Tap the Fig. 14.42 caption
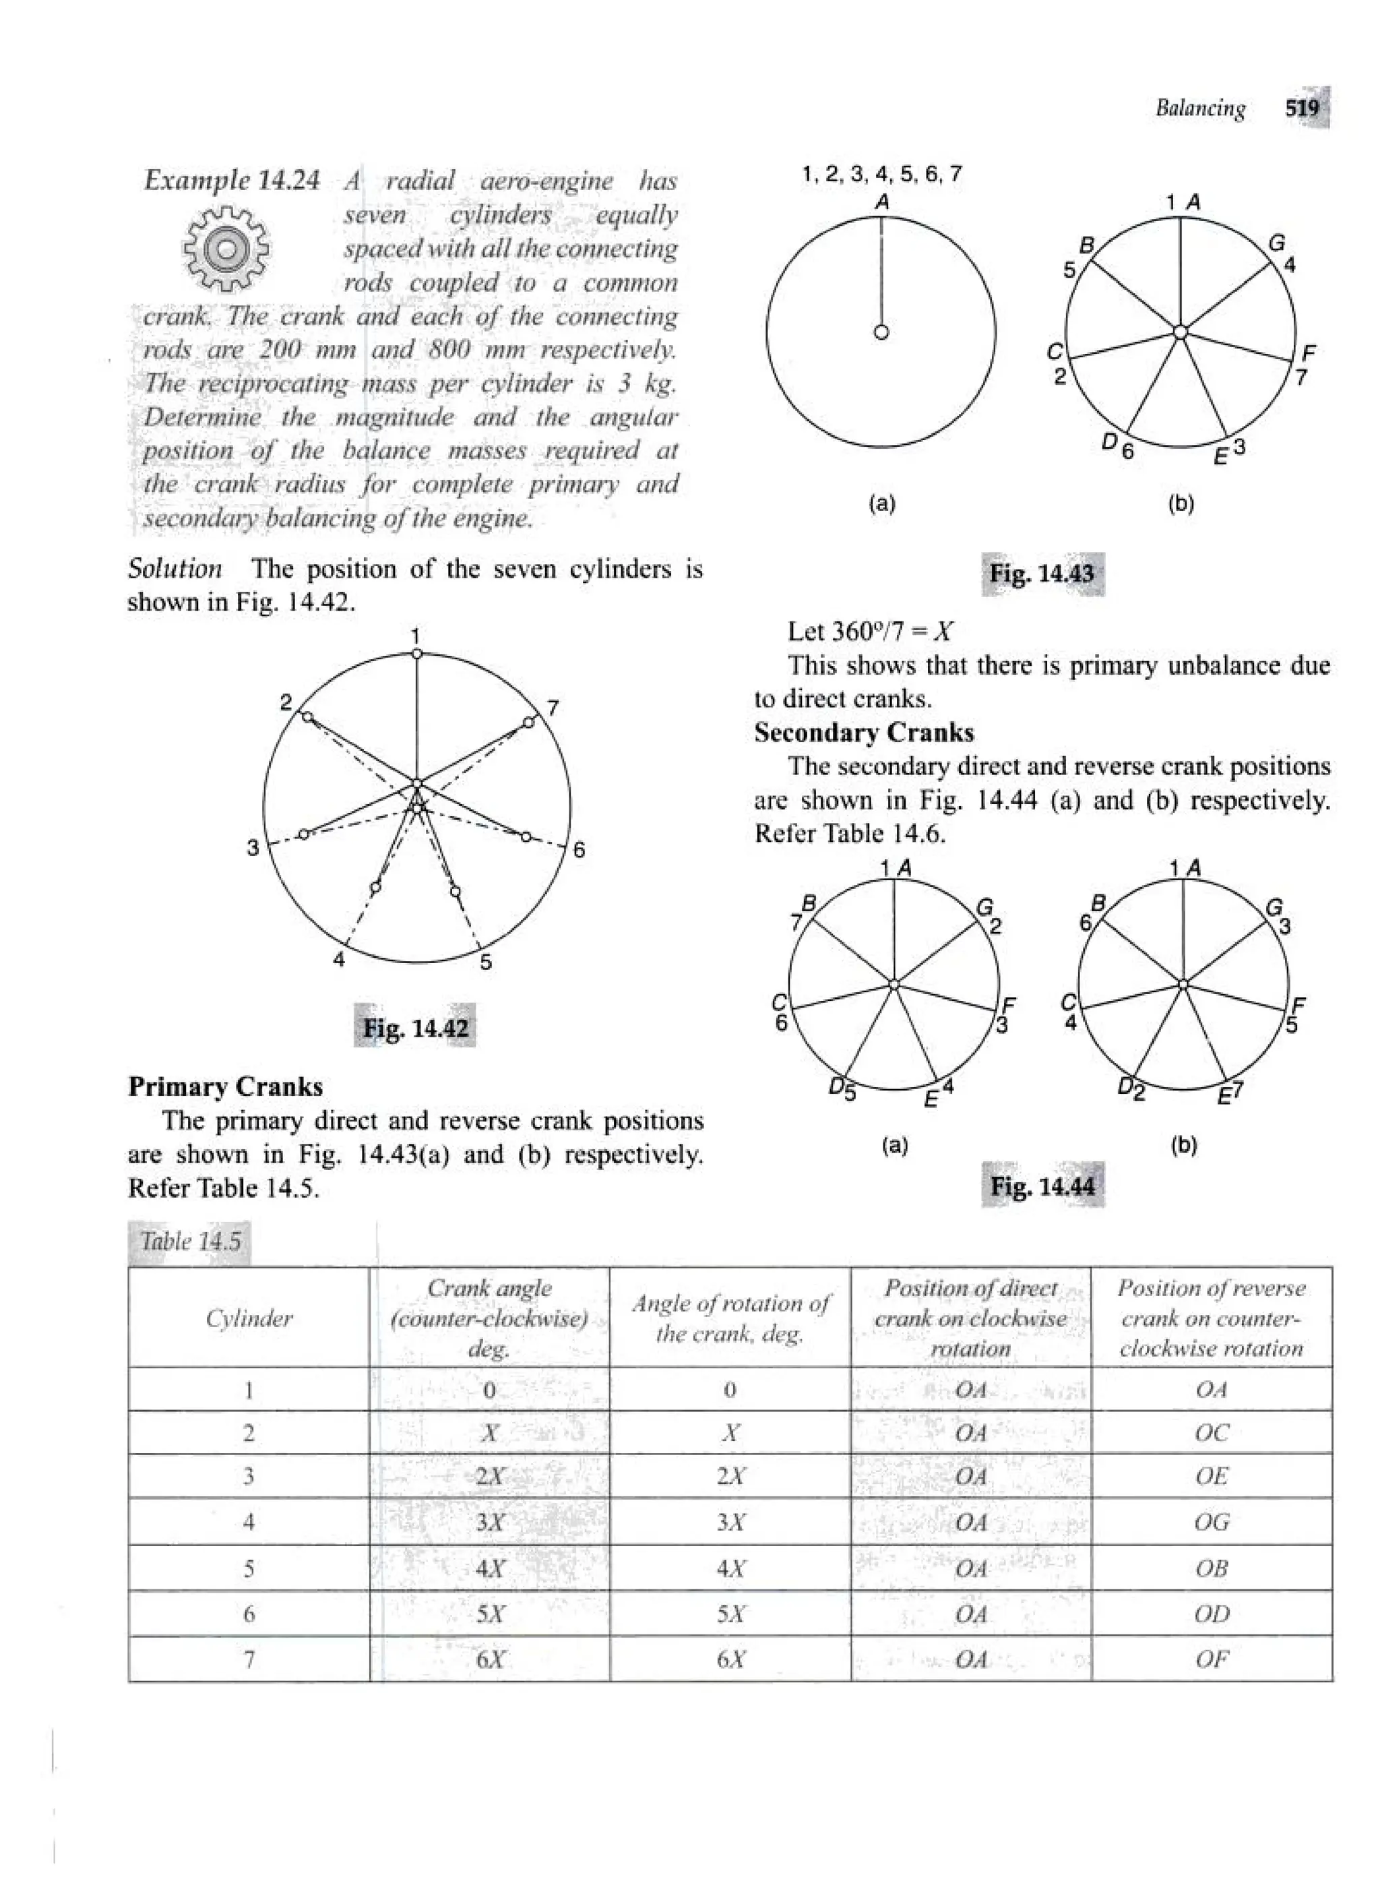414,1028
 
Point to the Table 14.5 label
190,1242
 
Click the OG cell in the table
1212,1522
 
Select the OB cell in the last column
1212,1568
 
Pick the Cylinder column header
249,1318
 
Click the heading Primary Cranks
225,1086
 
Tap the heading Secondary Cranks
863,733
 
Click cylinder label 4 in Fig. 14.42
338,960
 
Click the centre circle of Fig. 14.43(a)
881,332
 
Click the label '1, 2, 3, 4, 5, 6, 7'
882,175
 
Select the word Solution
175,569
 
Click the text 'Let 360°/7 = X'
870,632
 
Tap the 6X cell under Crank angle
489,1659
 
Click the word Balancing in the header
1200,108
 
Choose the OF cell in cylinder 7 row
1212,1659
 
